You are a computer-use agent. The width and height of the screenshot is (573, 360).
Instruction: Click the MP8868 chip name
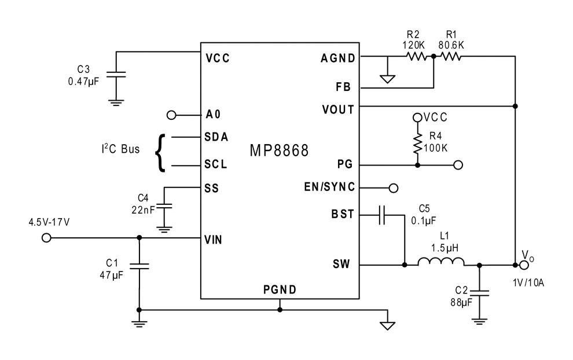pyautogui.click(x=279, y=151)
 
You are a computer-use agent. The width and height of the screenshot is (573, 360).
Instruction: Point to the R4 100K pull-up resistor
pyautogui.click(x=417, y=144)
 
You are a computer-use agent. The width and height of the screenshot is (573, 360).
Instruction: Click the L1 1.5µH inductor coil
pyautogui.click(x=440, y=265)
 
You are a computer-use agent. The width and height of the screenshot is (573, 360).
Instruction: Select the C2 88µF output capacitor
pyautogui.click(x=480, y=293)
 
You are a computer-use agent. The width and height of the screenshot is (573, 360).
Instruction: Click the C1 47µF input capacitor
pyautogui.click(x=139, y=267)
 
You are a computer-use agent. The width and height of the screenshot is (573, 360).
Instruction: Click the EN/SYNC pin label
pyautogui.click(x=329, y=188)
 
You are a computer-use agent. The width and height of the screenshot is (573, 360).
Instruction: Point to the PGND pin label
pyautogui.click(x=280, y=290)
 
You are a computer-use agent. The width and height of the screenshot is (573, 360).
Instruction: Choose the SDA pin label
pyautogui.click(x=216, y=137)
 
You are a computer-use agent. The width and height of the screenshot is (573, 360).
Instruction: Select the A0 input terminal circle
pyautogui.click(x=171, y=115)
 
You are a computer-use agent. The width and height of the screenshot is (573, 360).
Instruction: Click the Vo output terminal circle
pyautogui.click(x=524, y=265)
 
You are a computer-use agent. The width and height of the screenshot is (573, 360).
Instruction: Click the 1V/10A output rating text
pyautogui.click(x=528, y=283)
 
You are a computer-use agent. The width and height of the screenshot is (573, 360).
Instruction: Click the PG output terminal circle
pyautogui.click(x=458, y=165)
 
